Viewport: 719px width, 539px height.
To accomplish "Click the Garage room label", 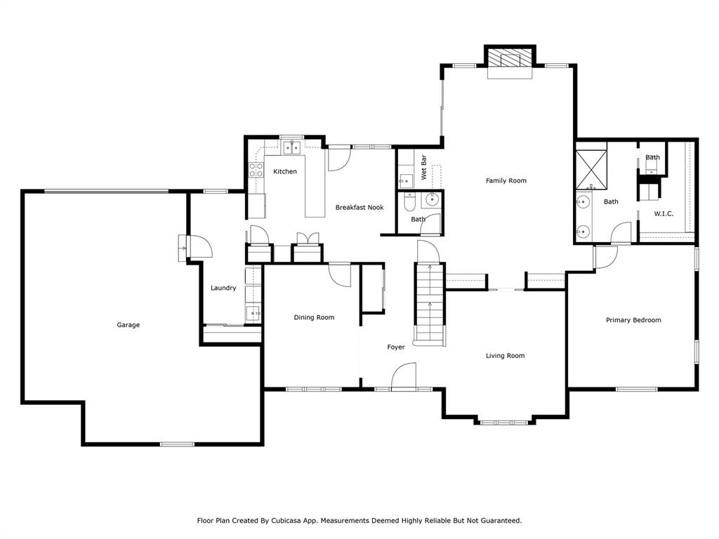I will pos(128,325).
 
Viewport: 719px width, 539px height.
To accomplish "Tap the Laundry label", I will pos(223,288).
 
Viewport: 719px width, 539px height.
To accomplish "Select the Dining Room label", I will pos(314,318).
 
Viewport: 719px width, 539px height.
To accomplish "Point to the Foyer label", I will pos(396,347).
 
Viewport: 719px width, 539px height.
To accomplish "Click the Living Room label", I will pos(505,356).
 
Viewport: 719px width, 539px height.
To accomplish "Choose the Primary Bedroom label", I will pos(633,320).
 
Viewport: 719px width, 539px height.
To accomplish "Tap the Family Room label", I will pos(506,181).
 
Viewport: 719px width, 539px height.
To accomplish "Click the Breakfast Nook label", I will pos(359,208).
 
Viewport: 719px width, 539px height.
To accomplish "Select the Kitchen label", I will pos(285,172).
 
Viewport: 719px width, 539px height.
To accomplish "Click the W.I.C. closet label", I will pos(664,214).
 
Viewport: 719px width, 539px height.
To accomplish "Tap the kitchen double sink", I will pos(292,147).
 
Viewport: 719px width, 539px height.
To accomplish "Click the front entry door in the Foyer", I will pos(404,376).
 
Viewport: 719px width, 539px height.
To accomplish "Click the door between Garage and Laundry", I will pos(196,247).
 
